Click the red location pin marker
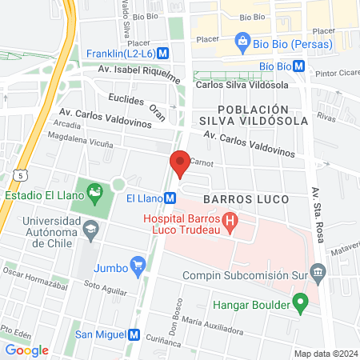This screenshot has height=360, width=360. tap(180, 164)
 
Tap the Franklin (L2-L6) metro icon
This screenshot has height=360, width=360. tap(163, 53)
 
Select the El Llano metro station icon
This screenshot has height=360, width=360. tap(170, 198)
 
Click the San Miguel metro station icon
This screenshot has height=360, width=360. tap(134, 334)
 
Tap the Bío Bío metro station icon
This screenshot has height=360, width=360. tap(298, 66)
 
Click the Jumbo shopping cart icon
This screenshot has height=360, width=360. tap(138, 264)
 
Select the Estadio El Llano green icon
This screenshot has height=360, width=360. tap(96, 193)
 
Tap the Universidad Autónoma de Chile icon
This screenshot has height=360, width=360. tap(90, 230)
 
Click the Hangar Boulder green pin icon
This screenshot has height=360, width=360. tap(300, 303)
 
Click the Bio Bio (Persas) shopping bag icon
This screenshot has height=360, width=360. tap(241, 40)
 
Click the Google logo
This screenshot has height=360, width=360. tap(26, 350)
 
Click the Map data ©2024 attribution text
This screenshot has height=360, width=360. tap(325, 354)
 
